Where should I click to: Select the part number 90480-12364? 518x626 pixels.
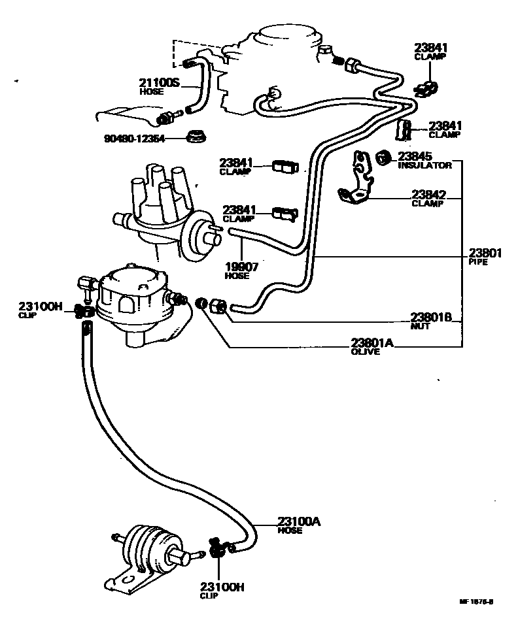pos(133,139)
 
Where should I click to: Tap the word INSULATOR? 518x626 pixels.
pos(424,166)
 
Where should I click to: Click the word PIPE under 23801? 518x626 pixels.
pos(479,261)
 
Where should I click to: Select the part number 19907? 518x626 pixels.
pos(238,267)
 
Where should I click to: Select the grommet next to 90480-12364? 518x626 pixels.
pos(194,137)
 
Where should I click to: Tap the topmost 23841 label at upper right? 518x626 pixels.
pos(430,48)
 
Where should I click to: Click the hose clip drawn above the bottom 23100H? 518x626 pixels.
pos(217,548)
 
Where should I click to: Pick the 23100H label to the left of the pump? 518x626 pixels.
pos(40,306)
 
